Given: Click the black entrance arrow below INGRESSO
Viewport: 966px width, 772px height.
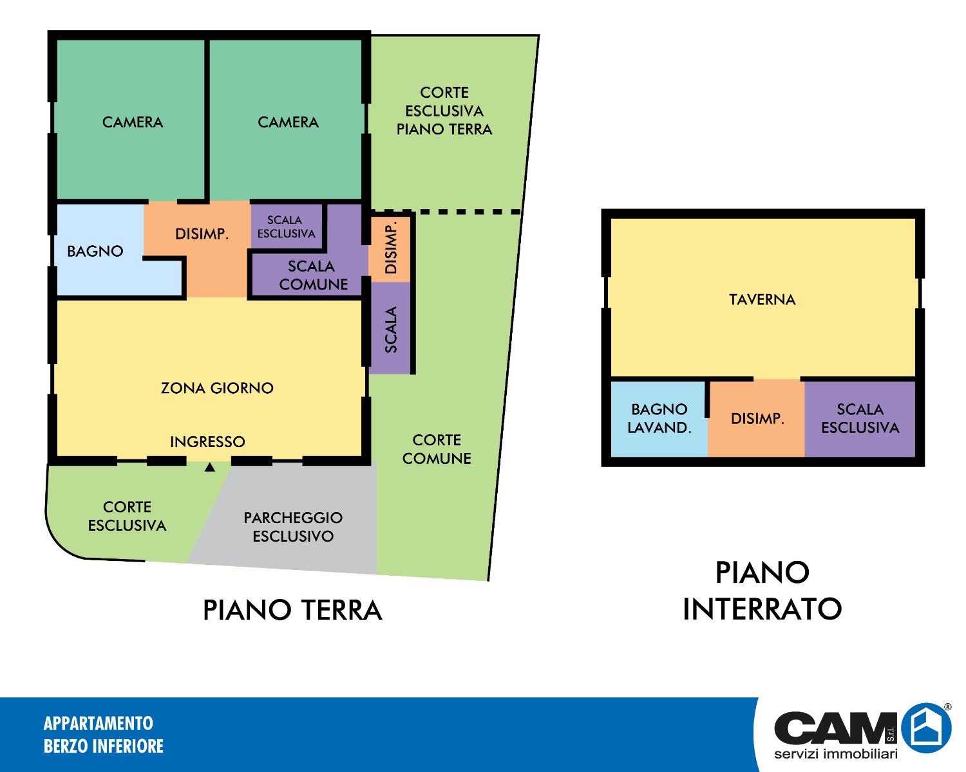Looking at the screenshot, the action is pyautogui.click(x=210, y=468).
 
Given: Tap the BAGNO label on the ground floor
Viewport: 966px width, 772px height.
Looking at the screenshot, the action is pyautogui.click(x=95, y=251).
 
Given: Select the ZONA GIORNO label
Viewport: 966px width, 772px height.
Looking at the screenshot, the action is pyautogui.click(x=217, y=388).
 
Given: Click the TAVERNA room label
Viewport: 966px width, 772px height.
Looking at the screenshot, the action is pyautogui.click(x=762, y=300).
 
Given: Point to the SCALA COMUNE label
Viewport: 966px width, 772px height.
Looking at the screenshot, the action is pyautogui.click(x=314, y=275).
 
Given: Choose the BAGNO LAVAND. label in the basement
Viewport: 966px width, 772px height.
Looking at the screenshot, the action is pyautogui.click(x=659, y=419).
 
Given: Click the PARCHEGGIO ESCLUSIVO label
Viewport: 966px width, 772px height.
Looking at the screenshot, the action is pyautogui.click(x=293, y=527).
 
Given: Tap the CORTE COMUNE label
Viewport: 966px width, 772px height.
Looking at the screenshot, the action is pyautogui.click(x=437, y=450).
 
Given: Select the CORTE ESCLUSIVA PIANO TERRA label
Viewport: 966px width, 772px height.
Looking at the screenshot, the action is pyautogui.click(x=444, y=111).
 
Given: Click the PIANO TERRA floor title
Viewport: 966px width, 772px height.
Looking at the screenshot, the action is pyautogui.click(x=292, y=611).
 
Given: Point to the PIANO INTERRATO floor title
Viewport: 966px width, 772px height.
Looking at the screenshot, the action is pyautogui.click(x=762, y=591).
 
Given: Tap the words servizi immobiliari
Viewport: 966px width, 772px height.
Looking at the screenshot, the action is pyautogui.click(x=836, y=754).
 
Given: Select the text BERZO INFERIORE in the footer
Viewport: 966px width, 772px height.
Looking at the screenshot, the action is pyautogui.click(x=104, y=746).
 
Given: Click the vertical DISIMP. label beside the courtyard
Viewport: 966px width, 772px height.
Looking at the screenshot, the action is pyautogui.click(x=391, y=248).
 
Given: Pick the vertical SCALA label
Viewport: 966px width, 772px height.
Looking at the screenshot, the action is pyautogui.click(x=391, y=329).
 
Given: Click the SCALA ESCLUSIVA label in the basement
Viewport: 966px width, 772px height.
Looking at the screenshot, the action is pyautogui.click(x=860, y=419).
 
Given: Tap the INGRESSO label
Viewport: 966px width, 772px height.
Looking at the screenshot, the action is pyautogui.click(x=207, y=442).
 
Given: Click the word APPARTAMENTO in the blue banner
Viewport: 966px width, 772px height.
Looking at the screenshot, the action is pyautogui.click(x=99, y=724).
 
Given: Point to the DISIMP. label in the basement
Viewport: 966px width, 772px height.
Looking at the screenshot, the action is pyautogui.click(x=758, y=419).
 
